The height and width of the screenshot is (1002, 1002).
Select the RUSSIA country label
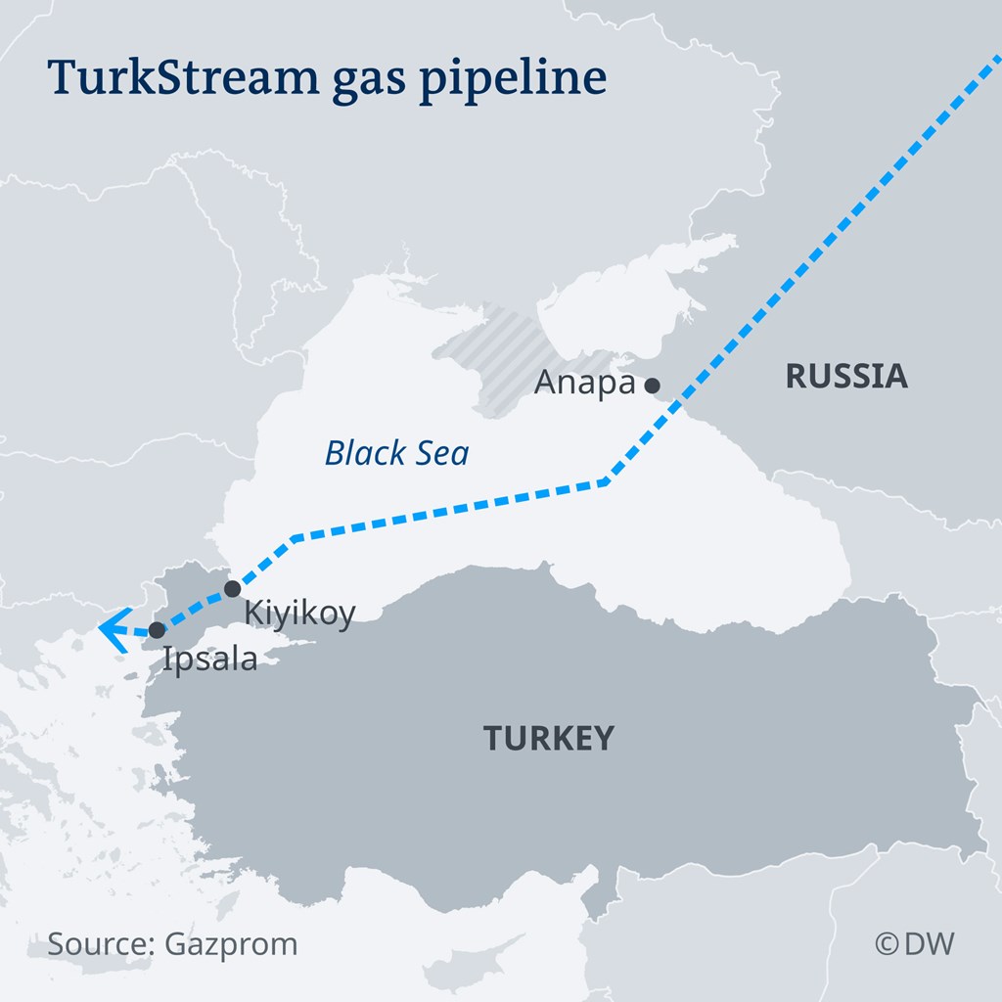[846, 376]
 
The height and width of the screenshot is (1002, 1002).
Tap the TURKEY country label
[549, 737]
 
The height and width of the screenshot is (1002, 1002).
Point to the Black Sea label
[396, 453]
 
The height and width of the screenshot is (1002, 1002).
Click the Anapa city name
[584, 384]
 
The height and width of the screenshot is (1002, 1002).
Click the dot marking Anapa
[652, 386]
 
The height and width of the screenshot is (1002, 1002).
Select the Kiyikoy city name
[298, 614]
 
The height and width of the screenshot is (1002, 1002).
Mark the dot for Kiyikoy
[233, 588]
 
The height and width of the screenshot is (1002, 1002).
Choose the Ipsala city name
[210, 659]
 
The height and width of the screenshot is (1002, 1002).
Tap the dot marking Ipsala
[157, 629]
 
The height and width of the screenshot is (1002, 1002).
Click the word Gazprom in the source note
[232, 944]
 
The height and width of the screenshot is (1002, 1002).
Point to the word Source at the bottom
[94, 944]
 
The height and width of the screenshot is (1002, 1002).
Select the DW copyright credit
[914, 943]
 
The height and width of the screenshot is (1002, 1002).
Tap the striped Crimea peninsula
[499, 357]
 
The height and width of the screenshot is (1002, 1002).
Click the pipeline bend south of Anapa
[607, 481]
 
